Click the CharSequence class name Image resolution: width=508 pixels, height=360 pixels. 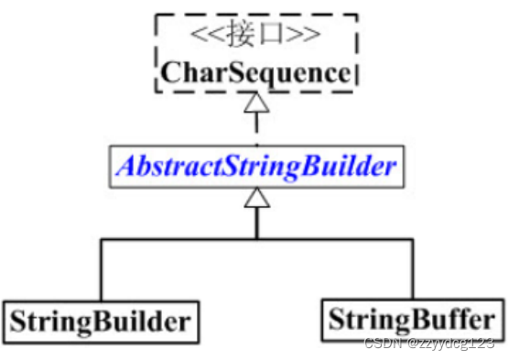[255, 71]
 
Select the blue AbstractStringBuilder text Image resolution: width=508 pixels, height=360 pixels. [256, 166]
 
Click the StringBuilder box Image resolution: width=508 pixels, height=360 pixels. [101, 321]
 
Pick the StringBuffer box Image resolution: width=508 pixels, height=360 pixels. [412, 321]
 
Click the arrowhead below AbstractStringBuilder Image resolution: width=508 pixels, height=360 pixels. [257, 197]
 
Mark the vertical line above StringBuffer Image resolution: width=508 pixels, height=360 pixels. [412, 269]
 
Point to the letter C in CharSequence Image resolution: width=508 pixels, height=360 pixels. [170, 71]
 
